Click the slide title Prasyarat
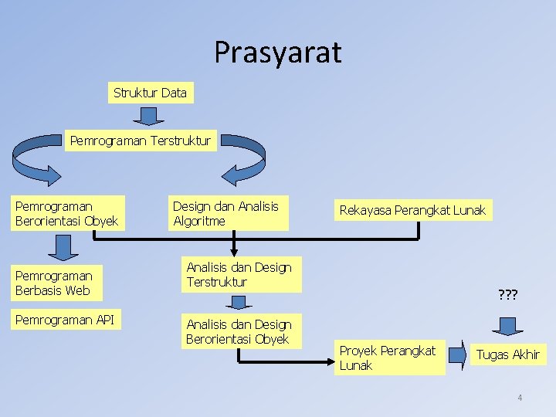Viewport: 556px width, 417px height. pos(277,53)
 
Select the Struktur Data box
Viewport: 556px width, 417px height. pos(150,93)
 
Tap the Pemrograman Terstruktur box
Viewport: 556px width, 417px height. pos(141,141)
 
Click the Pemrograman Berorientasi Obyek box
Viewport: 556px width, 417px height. pos(67,214)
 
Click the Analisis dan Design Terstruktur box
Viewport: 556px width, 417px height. pos(241,275)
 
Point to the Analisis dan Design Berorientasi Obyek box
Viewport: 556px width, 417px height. pos(240,332)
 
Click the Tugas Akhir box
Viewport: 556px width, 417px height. pos(507,354)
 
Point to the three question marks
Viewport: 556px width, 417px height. pos(507,295)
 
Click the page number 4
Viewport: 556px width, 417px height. pos(520,398)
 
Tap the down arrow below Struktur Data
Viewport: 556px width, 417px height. pos(149,116)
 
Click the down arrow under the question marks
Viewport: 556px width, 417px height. pos(508,324)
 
